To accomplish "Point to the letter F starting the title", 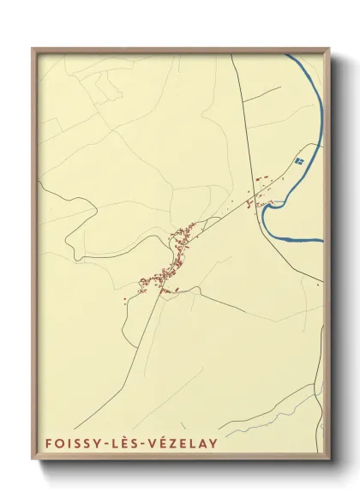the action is point(45,443).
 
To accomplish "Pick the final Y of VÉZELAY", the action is point(213,443).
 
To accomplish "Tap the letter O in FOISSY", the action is point(57,443).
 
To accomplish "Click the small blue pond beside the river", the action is point(299,159).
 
